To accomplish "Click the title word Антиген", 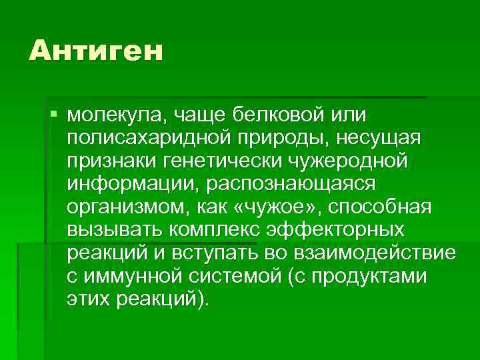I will click(95, 51).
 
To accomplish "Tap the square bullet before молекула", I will click(54, 115).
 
